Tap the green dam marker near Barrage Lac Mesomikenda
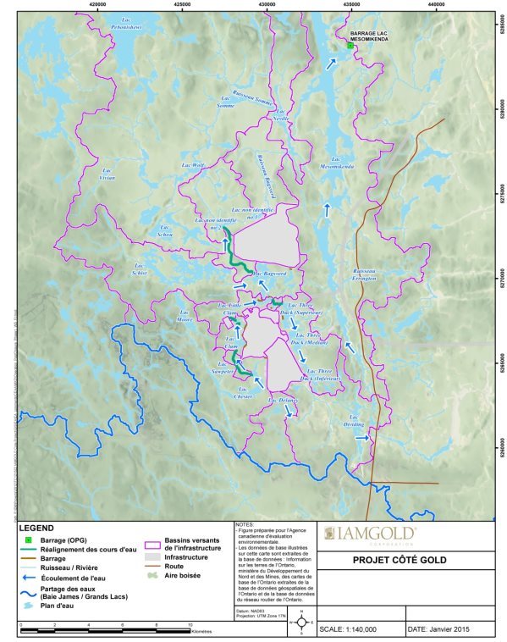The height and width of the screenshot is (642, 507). [350, 47]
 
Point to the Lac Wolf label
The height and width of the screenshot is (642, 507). [193, 166]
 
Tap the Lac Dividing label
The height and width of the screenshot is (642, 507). [353, 420]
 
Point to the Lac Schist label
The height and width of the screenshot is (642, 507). [139, 271]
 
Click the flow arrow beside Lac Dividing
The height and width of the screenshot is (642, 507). [361, 439]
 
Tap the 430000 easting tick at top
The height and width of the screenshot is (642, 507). [267, 4]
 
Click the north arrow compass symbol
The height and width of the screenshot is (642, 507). [302, 624]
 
